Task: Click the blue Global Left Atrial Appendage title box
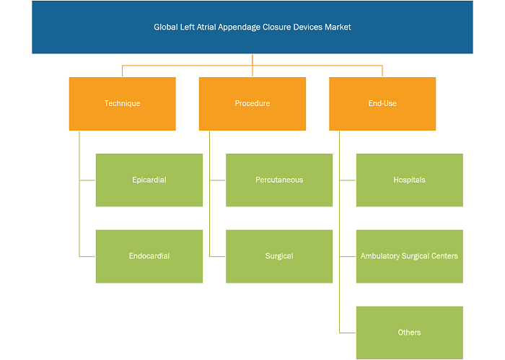tap(252, 27)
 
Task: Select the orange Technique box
tap(123, 104)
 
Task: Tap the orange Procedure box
tap(252, 104)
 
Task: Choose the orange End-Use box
tap(382, 104)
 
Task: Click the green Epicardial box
tap(149, 180)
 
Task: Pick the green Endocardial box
tap(149, 256)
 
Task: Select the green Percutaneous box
tap(279, 180)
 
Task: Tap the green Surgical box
tap(279, 256)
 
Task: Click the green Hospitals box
tap(409, 180)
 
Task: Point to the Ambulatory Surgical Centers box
tap(409, 256)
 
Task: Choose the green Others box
tap(409, 333)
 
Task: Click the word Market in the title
tap(338, 27)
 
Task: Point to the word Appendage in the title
tap(239, 27)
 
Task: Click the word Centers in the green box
tap(445, 256)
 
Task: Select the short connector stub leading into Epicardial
tap(87, 180)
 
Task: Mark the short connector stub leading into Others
tap(348, 333)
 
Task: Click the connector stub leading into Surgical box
tap(217, 257)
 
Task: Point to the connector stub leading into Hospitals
tap(348, 180)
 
